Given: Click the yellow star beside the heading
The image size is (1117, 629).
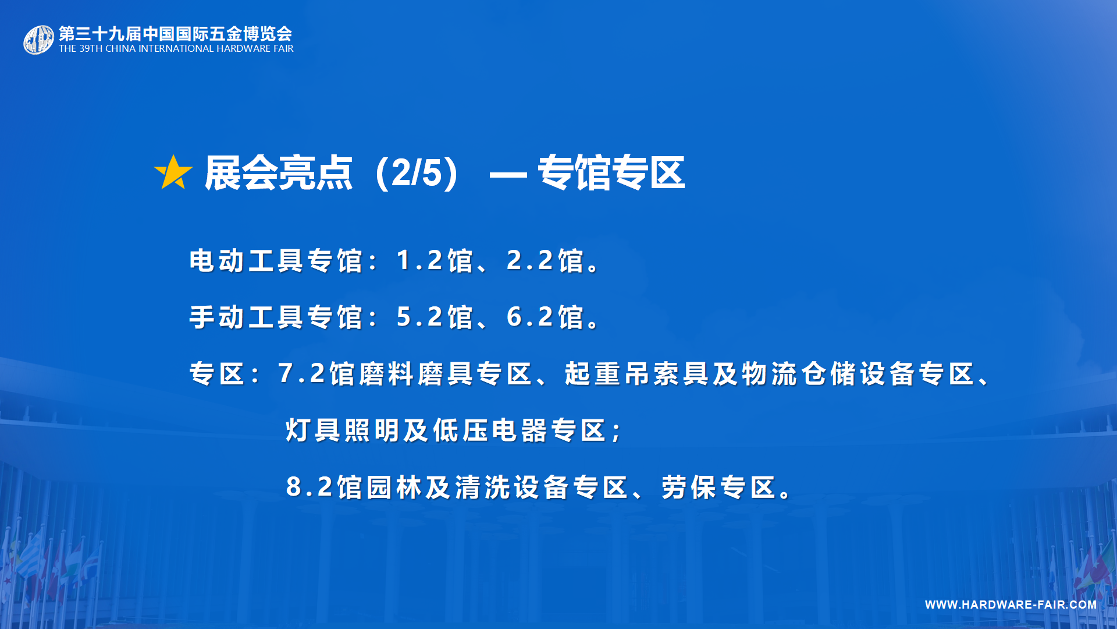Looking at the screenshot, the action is (x=173, y=172).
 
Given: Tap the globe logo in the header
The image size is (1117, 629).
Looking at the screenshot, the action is (x=38, y=40).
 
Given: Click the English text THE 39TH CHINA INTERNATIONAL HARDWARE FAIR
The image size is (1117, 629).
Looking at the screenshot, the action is (x=176, y=49).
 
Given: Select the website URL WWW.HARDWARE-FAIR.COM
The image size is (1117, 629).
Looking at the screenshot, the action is (x=1011, y=605).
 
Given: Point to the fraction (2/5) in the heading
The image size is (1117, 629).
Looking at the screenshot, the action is (x=417, y=173).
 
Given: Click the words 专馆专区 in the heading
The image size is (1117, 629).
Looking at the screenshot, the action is (x=611, y=173).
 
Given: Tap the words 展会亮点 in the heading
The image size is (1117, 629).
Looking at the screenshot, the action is (x=279, y=173).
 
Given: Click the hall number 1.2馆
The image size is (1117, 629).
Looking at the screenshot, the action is (x=435, y=260).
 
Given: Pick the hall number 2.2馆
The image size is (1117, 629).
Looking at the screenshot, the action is (x=545, y=260).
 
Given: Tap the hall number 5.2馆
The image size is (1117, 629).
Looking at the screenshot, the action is (x=435, y=317).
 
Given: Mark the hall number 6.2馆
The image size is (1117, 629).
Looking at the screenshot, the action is (x=545, y=317).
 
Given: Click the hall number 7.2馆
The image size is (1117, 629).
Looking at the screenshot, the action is (x=316, y=374).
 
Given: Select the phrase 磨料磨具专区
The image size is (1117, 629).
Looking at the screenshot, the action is (x=446, y=374).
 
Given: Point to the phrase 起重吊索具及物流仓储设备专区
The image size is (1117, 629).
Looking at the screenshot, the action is (x=770, y=374).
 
